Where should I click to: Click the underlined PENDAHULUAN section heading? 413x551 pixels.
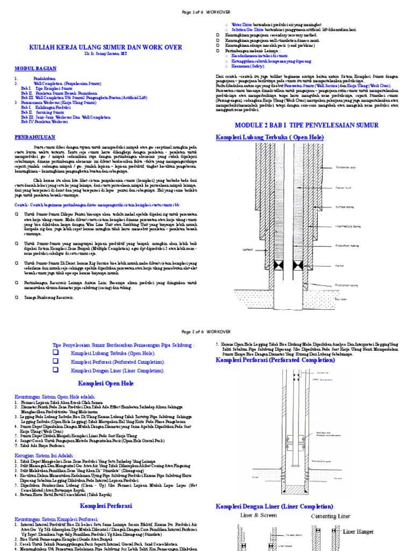[35, 138]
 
